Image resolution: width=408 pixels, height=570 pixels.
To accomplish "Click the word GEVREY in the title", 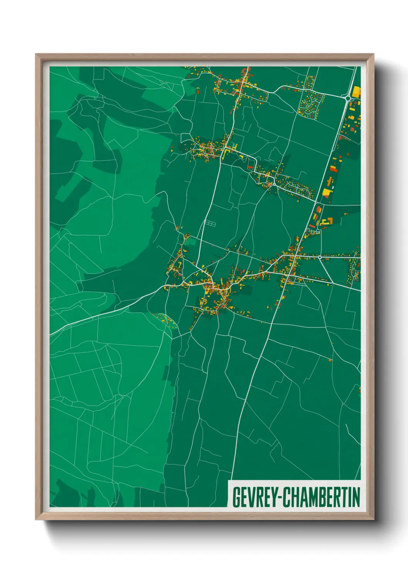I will (254, 497).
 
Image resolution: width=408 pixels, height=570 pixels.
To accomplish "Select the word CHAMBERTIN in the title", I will (321, 497).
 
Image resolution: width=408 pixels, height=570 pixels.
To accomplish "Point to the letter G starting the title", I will (236, 497).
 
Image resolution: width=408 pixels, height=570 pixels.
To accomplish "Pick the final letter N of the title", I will (356, 497).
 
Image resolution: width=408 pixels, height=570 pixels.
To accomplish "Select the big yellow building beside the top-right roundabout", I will (357, 92).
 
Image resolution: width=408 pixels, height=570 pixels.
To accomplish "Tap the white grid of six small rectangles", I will (210, 223).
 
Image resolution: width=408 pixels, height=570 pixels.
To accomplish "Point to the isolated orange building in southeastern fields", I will (330, 360).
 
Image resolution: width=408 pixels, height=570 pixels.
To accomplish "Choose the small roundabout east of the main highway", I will (320, 257).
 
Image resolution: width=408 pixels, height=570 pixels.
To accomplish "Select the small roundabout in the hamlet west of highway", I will (274, 184).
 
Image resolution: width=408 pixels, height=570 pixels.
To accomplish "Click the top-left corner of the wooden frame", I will (37, 55).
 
